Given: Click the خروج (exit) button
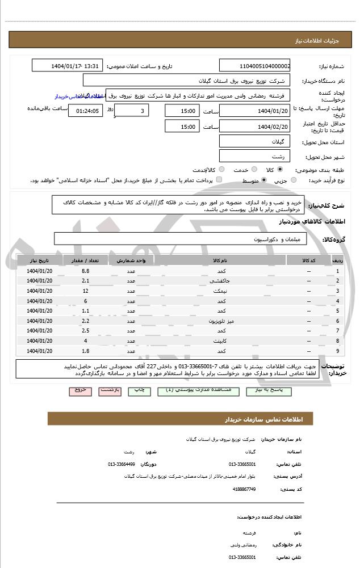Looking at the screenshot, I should click(80, 391).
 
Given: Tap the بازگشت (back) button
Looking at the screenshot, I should click(110, 391).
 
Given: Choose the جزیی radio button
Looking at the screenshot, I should click(294, 180).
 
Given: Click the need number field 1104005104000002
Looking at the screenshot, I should click(254, 65).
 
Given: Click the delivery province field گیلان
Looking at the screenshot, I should click(254, 141).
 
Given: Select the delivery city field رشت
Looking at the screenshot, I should click(254, 156).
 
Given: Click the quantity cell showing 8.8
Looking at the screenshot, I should click(85, 271).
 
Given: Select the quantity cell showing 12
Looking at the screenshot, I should click(85, 291).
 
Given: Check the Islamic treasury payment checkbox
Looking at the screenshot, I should click(219, 180).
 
